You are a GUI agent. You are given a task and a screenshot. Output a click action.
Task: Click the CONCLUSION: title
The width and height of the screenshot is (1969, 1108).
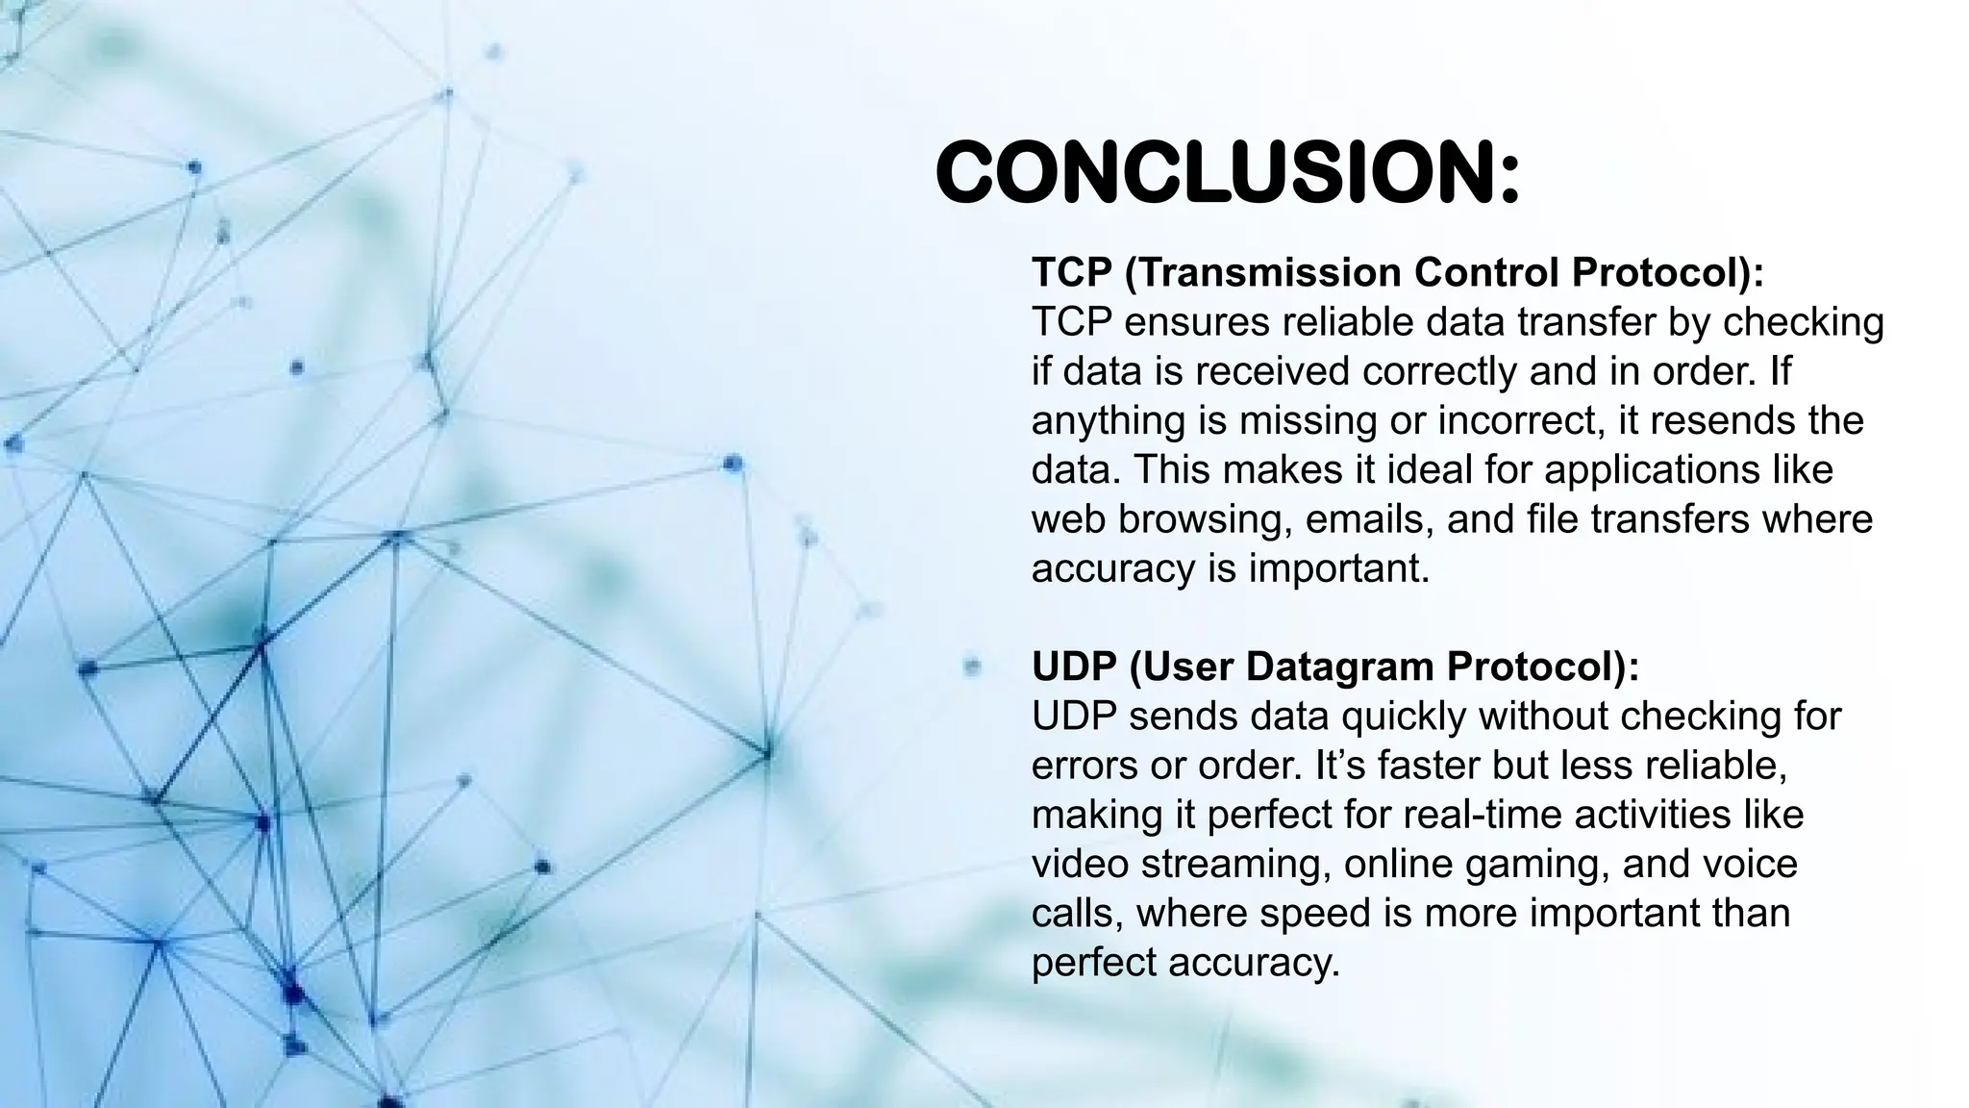click(1227, 173)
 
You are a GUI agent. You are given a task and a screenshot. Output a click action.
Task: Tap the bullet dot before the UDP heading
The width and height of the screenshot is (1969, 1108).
click(971, 666)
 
